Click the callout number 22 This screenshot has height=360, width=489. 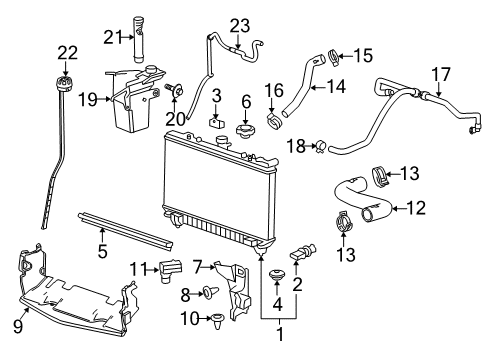coord(67,52)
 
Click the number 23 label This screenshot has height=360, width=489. coord(239,24)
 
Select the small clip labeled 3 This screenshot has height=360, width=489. coord(216,127)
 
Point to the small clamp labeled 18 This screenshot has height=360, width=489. coord(321,148)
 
